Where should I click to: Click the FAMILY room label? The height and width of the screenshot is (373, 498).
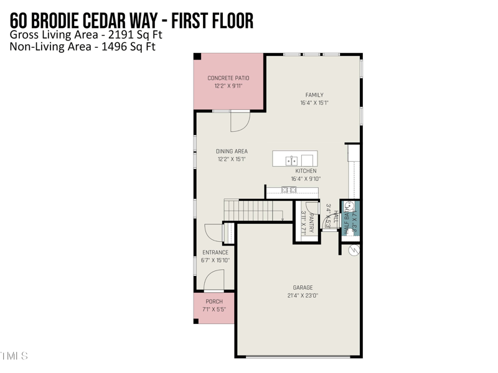coord(314,95)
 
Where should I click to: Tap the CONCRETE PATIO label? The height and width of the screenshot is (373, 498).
coord(228,78)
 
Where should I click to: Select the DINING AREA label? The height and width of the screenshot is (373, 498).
coord(232,151)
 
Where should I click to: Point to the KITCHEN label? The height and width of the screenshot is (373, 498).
coord(306,171)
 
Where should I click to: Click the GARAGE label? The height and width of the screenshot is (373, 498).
coord(303,288)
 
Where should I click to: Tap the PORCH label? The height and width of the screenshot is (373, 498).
coord(214,302)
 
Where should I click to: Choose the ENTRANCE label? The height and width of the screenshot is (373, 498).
coord(215,252)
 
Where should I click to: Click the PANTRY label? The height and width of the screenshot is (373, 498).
coord(311,222)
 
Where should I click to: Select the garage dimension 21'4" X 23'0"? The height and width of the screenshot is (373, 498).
coord(303,296)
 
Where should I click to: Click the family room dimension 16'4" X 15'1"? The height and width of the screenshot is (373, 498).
coord(314,103)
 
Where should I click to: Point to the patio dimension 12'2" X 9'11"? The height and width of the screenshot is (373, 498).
coord(228,86)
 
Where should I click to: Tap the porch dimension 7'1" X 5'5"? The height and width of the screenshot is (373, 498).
coord(214,310)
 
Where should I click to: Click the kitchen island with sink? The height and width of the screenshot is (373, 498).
coord(294,159)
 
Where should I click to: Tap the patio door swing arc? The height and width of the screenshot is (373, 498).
coord(240,122)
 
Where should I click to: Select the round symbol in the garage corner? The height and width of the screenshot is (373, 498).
coord(354,251)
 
